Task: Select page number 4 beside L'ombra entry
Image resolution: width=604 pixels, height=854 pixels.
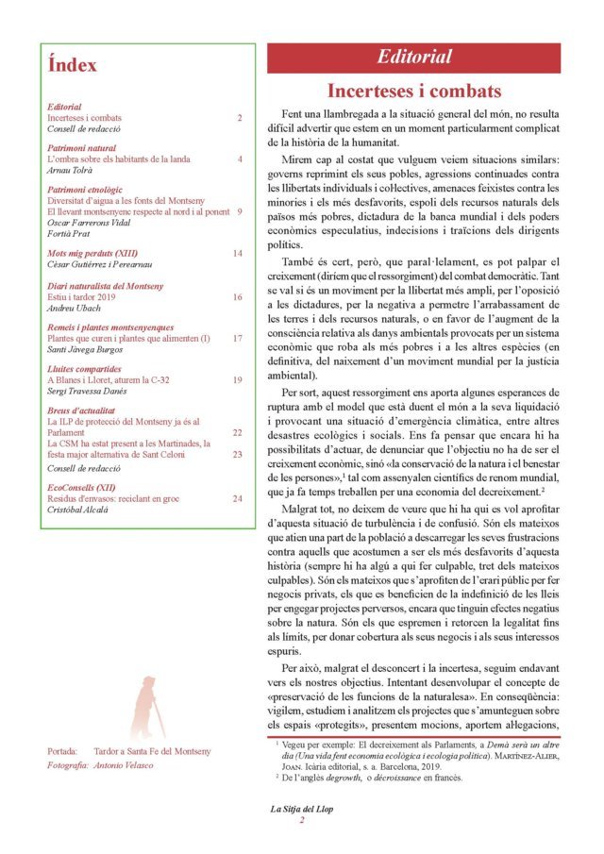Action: (240, 159)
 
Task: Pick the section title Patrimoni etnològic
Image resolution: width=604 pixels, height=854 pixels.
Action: (91, 190)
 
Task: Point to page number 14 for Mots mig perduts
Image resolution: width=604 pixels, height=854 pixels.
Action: (238, 254)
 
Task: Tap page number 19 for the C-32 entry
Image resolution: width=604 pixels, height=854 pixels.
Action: (238, 378)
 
